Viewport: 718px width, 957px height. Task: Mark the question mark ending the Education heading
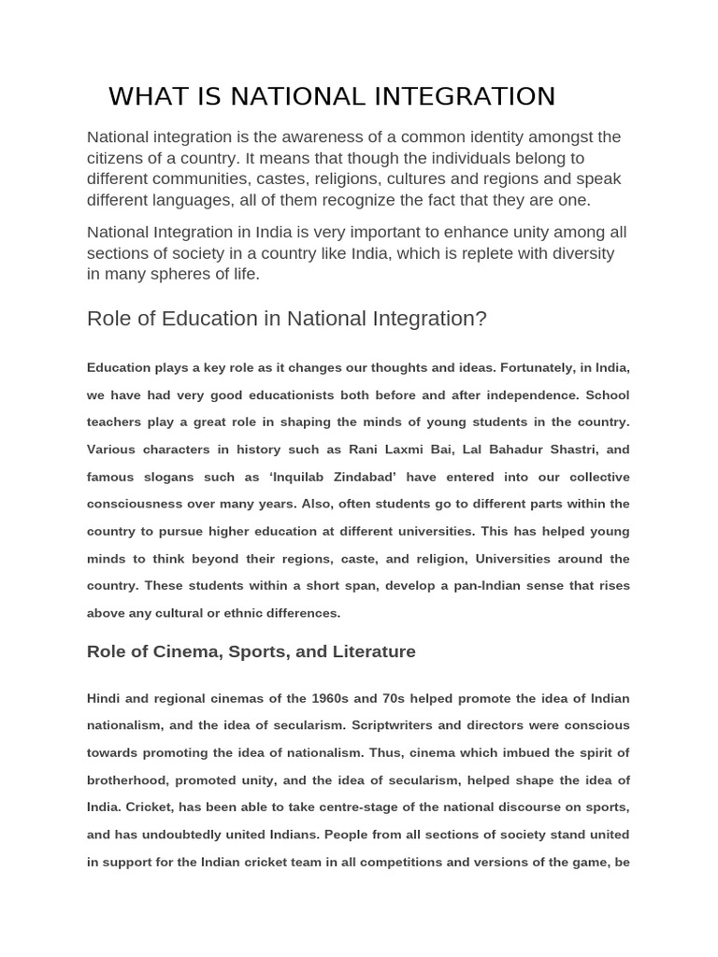coord(481,319)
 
